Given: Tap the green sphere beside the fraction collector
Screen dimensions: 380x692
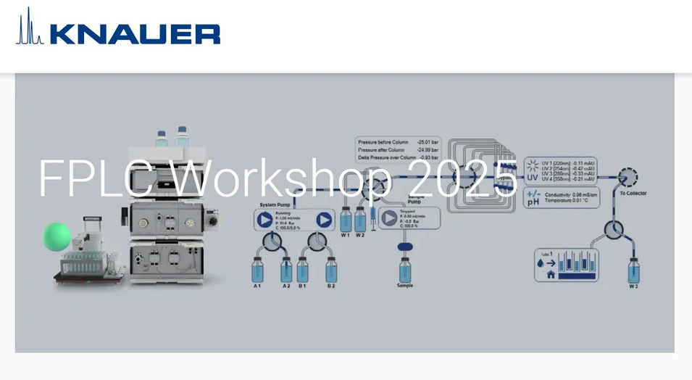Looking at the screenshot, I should pyautogui.click(x=57, y=235).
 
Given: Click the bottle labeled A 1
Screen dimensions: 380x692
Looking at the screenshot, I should pyautogui.click(x=258, y=270).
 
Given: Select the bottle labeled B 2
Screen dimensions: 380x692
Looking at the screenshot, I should pyautogui.click(x=331, y=270).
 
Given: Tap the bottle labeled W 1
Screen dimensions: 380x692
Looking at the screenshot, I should pyautogui.click(x=345, y=220).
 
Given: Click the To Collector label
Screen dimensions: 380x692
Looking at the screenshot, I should pyautogui.click(x=633, y=193).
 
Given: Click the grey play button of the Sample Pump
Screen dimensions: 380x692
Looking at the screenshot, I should pyautogui.click(x=390, y=218).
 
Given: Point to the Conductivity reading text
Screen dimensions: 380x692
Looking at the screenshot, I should pyautogui.click(x=572, y=194).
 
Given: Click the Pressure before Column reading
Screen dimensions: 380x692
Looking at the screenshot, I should pyautogui.click(x=398, y=142).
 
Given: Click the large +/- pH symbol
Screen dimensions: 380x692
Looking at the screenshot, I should pyautogui.click(x=533, y=198).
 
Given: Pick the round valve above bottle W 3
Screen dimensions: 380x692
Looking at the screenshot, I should pyautogui.click(x=614, y=230).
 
